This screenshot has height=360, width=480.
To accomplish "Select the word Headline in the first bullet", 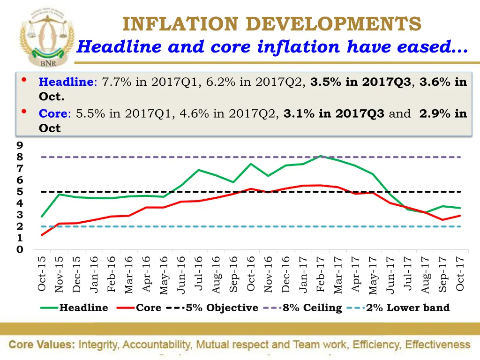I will pyautogui.click(x=66, y=82).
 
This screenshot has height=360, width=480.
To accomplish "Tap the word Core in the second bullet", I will pyautogui.click(x=53, y=114).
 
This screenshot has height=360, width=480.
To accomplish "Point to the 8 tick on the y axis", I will pyautogui.click(x=20, y=157).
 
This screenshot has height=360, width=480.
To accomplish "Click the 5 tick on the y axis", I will pyautogui.click(x=20, y=192).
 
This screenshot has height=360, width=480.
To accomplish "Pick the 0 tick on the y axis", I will pyautogui.click(x=20, y=250).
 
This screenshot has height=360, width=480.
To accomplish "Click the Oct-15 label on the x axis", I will pyautogui.click(x=42, y=274).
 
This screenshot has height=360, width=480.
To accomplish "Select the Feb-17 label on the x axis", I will pyautogui.click(x=321, y=274).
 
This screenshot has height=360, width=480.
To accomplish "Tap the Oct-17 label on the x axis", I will pyautogui.click(x=460, y=274).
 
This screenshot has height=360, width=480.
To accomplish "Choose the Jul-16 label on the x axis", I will pyautogui.click(x=198, y=274).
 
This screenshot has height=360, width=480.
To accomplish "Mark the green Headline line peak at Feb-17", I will pyautogui.click(x=321, y=156).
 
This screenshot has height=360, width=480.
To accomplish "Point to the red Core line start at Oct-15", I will pyautogui.click(x=42, y=235).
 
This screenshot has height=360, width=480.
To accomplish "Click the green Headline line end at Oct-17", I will pyautogui.click(x=460, y=208).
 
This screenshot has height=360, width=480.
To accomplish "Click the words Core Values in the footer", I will pyautogui.click(x=42, y=345).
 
